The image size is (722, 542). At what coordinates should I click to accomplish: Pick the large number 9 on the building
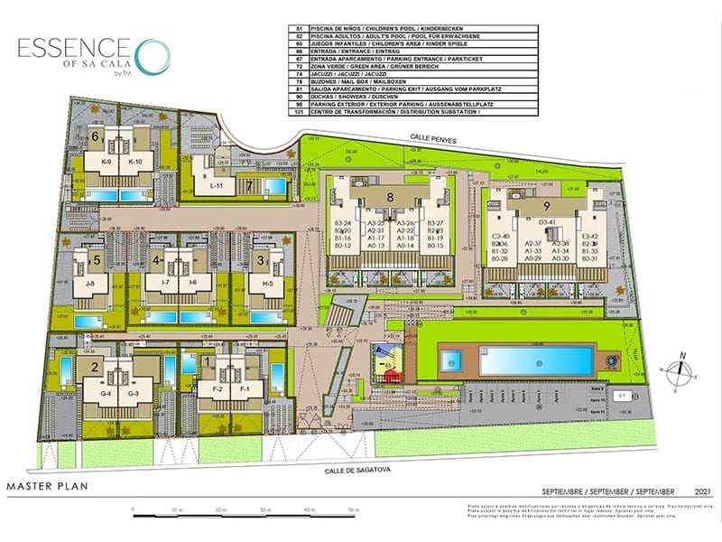pyautogui.click(x=547, y=206)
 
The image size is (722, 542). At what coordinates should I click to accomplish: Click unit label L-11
pyautogui.click(x=217, y=184)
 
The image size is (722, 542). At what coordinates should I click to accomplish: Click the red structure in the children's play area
pyautogui.click(x=390, y=377)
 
